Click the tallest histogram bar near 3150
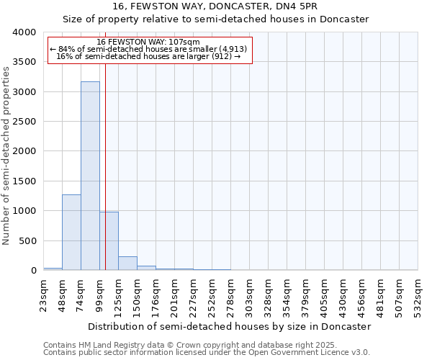click(90, 176)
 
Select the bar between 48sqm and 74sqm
click(71, 232)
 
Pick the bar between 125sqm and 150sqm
click(127, 263)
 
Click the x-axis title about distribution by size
click(230, 326)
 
